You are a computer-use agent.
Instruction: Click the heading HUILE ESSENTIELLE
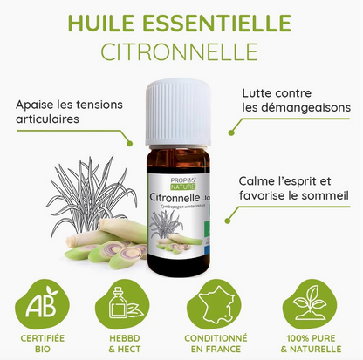coord(181,19)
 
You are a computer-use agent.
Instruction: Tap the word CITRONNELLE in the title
coord(181,50)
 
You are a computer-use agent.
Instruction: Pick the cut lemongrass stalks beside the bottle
coord(100,244)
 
